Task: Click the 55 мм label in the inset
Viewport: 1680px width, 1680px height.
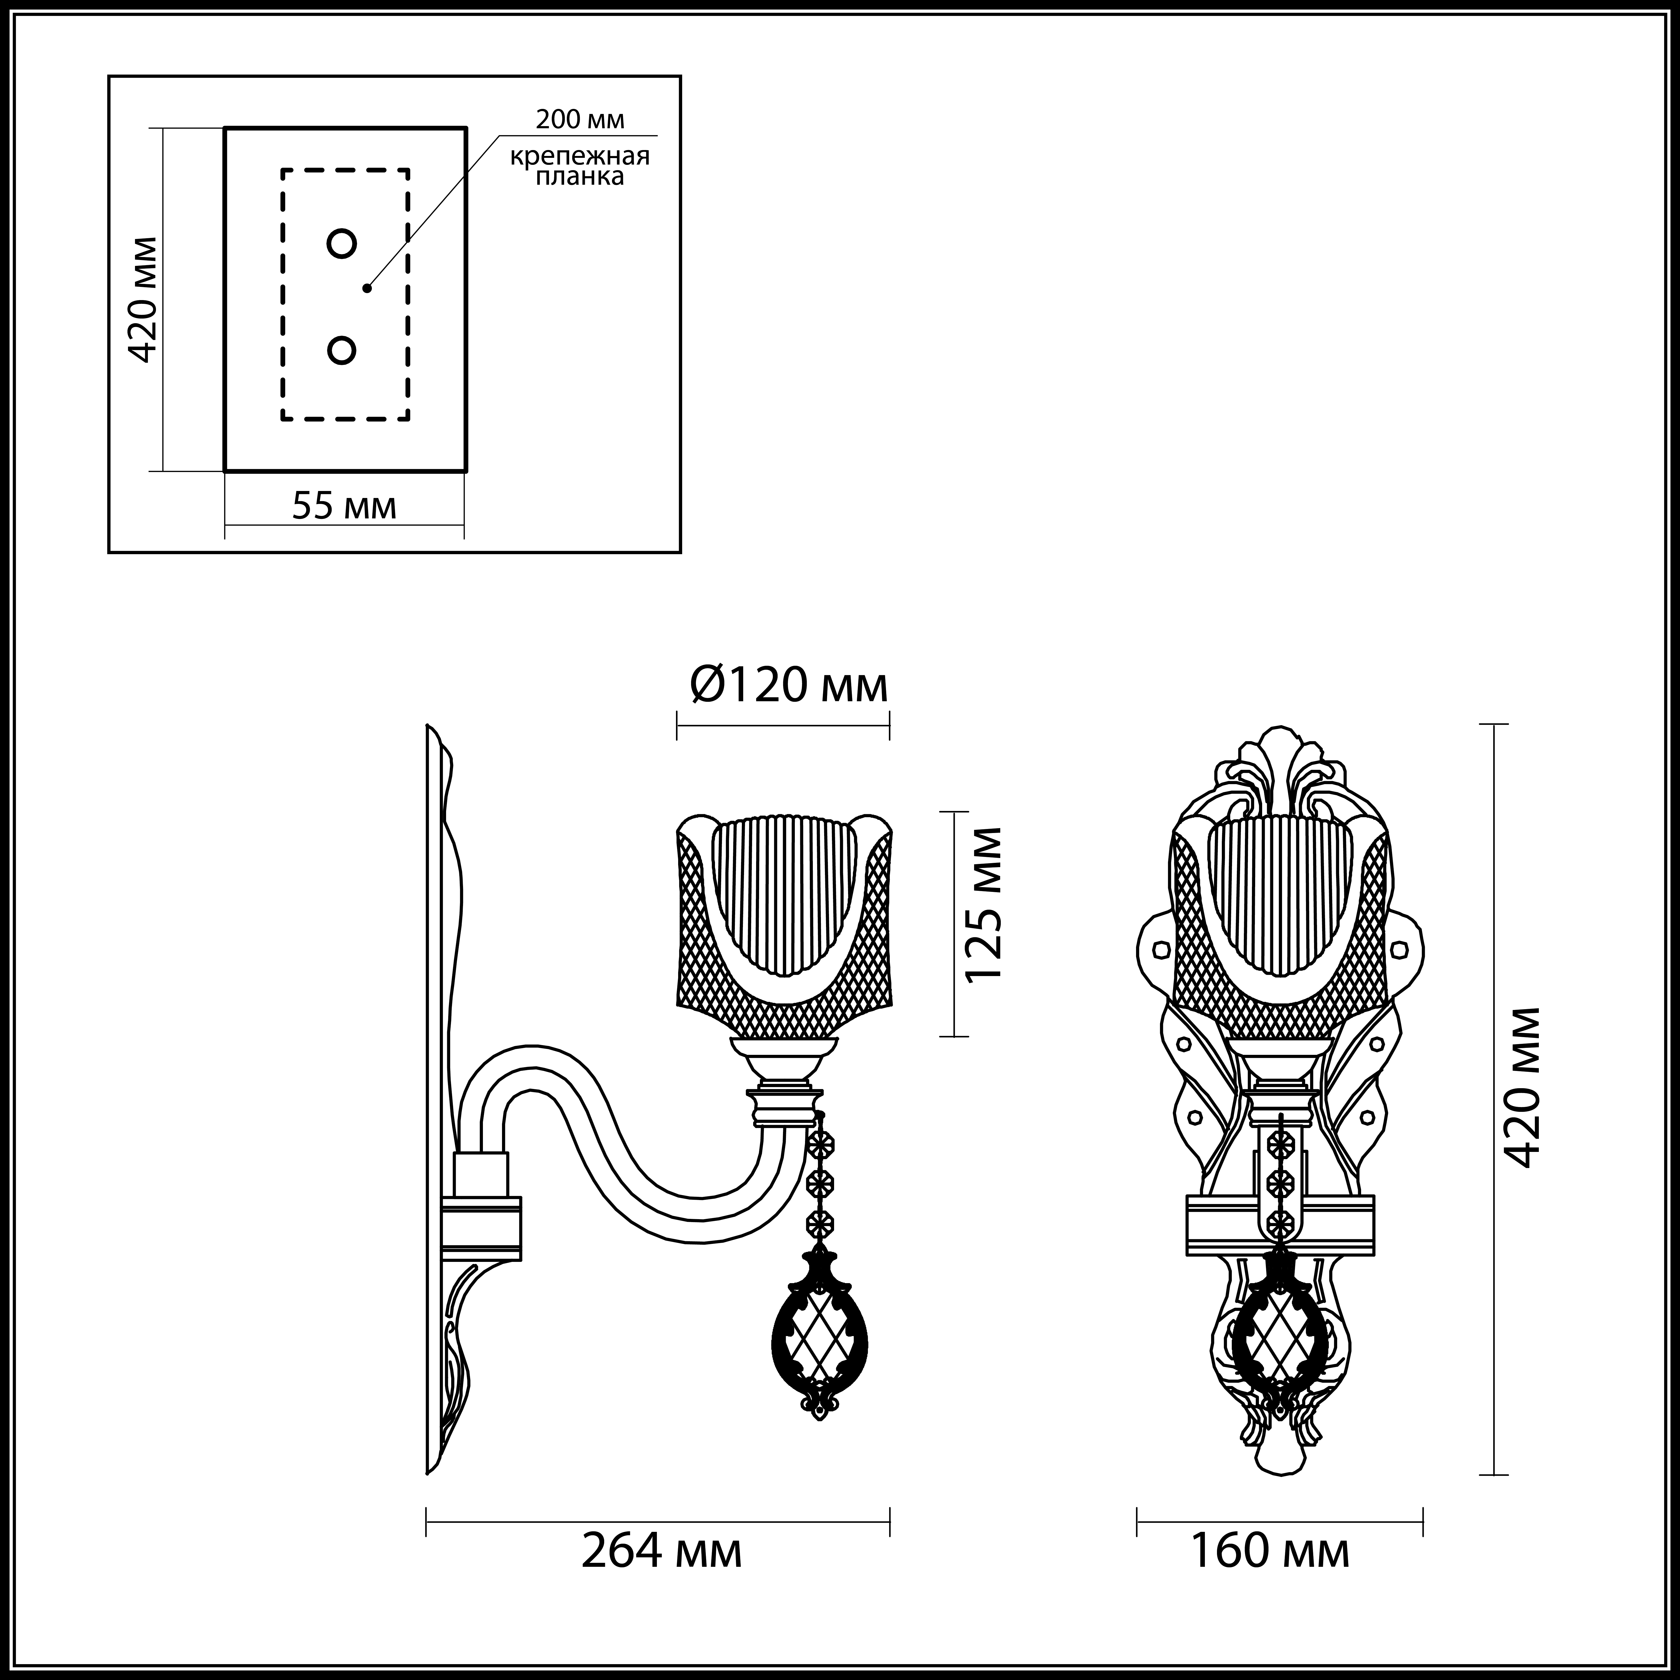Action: click(344, 505)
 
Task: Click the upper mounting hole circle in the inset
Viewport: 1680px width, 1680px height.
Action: click(342, 244)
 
